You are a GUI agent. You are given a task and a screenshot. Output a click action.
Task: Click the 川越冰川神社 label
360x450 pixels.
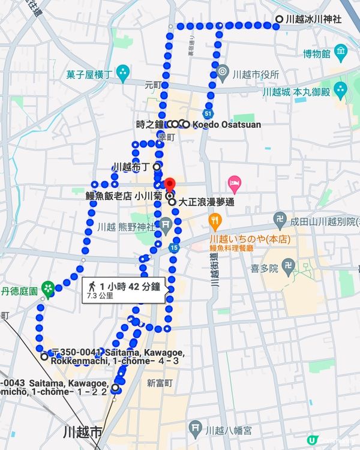tap(313, 19)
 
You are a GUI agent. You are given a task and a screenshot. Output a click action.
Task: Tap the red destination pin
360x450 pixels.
tap(170, 184)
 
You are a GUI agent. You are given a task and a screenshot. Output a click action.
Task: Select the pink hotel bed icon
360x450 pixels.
tap(235, 182)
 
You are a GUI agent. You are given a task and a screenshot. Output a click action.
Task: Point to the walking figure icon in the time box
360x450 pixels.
tap(92, 286)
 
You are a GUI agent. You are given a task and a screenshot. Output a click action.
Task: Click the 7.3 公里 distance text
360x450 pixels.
tap(100, 296)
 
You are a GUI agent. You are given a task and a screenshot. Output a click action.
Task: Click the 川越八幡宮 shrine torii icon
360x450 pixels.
tap(194, 428)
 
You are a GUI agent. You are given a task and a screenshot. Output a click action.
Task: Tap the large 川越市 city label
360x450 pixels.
tap(83, 432)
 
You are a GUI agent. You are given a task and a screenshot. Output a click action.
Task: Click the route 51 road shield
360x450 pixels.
tap(208, 113)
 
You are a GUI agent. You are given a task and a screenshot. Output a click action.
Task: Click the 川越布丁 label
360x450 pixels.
tap(130, 166)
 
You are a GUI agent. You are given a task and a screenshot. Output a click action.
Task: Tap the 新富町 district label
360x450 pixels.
tap(160, 382)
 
